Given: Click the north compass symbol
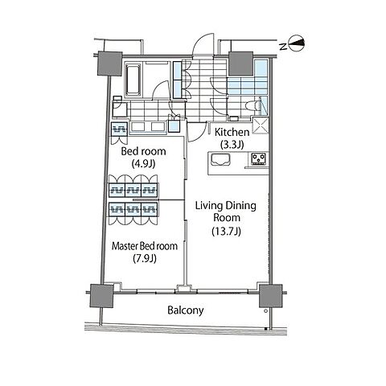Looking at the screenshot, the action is tap(297, 43).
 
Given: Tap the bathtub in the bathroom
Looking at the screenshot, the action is tap(133, 79).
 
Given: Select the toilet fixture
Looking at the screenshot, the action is tap(253, 105).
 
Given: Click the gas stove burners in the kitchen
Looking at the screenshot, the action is tap(259, 158).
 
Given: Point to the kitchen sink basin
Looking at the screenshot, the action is tap(221, 160).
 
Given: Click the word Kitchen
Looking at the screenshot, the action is tap(232, 132).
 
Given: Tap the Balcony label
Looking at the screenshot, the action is tap(186, 310).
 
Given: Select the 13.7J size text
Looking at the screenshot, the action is tap(227, 231).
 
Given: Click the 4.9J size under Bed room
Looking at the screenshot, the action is tap(144, 163).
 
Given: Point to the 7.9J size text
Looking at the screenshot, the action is tap(145, 258).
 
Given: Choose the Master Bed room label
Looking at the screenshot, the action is tap(145, 246).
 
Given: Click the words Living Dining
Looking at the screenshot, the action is tap(226, 206).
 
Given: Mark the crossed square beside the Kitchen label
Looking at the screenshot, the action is tap(261, 125).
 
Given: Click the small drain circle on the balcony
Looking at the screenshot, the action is tap(265, 311).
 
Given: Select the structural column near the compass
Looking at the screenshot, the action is tap(240, 64).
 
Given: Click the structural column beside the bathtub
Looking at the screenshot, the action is tap(109, 64).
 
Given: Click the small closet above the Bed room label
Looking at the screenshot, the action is tap(119, 130).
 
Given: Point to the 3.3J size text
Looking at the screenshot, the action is tap(232, 145).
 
